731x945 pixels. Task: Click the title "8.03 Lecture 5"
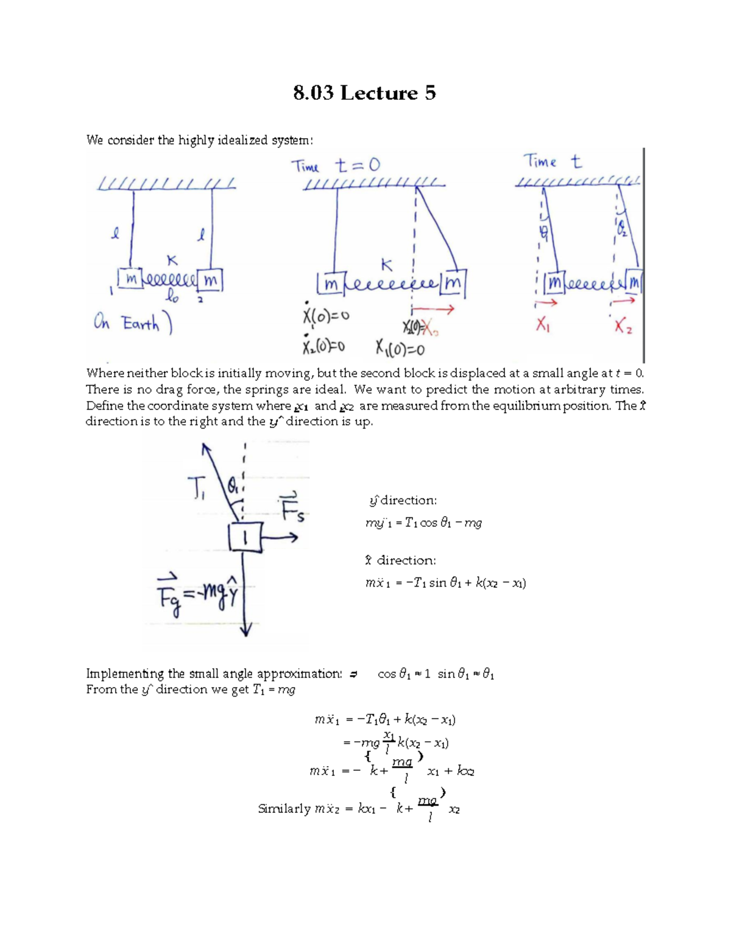364,93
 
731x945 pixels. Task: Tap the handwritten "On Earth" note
133,323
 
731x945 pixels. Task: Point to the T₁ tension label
196,488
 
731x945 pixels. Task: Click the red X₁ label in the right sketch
543,325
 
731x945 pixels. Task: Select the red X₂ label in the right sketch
623,327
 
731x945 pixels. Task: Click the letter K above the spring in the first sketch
172,260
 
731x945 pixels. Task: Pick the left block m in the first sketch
130,279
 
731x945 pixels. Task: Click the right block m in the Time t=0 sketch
453,284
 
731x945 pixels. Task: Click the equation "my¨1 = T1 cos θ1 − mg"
423,523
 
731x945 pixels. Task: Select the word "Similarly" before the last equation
284,809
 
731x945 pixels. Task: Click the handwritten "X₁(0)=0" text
400,349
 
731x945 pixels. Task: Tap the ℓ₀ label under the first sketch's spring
173,297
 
